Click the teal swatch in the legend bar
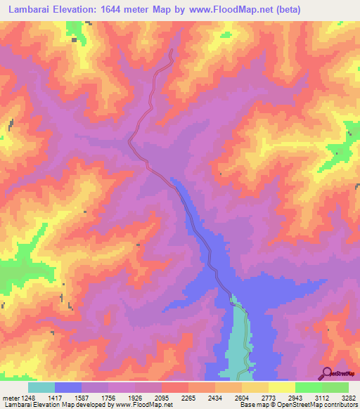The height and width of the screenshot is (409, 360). (x=41, y=387)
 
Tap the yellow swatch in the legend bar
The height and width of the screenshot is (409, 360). (x=281, y=387)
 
